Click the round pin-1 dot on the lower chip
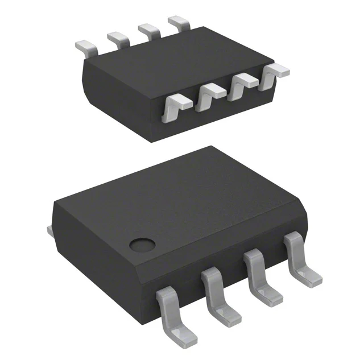point(142,245)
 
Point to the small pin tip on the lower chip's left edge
point(49,230)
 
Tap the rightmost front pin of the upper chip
point(273,74)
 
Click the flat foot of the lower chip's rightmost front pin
point(312,277)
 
